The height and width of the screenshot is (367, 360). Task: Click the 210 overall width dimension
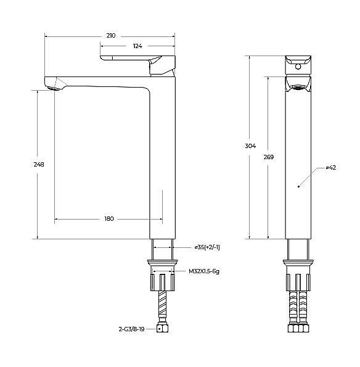point(111,36)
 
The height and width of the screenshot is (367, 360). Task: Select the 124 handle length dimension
point(137,47)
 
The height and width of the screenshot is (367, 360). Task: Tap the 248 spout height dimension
point(39,165)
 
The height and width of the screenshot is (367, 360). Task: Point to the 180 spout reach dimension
point(108,219)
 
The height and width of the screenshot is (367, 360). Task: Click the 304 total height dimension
point(250,146)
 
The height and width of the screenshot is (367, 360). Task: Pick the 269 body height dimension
point(269,157)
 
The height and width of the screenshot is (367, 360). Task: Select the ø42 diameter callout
point(330,168)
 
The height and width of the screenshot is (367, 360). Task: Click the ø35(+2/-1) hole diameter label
point(207,247)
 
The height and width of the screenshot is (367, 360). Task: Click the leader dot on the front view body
point(298,185)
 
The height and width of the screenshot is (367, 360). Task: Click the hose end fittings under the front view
point(299,329)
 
